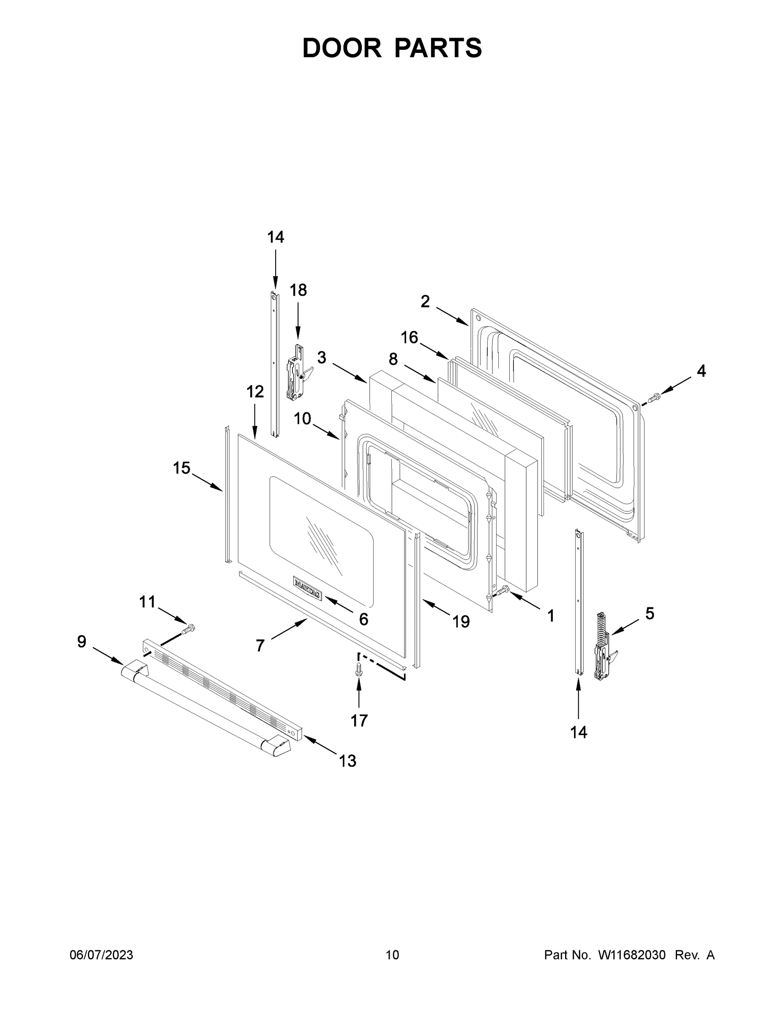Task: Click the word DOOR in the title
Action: click(x=341, y=48)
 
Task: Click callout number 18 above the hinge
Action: click(x=298, y=291)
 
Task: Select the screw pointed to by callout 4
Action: click(x=654, y=398)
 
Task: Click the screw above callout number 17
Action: click(x=358, y=669)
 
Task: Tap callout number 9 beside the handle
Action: click(x=82, y=642)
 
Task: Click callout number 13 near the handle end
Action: click(x=347, y=761)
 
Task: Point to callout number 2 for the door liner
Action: click(x=425, y=302)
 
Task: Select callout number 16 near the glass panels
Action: click(x=409, y=337)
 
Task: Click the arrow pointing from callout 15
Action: click(x=207, y=482)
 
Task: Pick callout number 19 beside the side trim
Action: click(x=461, y=621)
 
